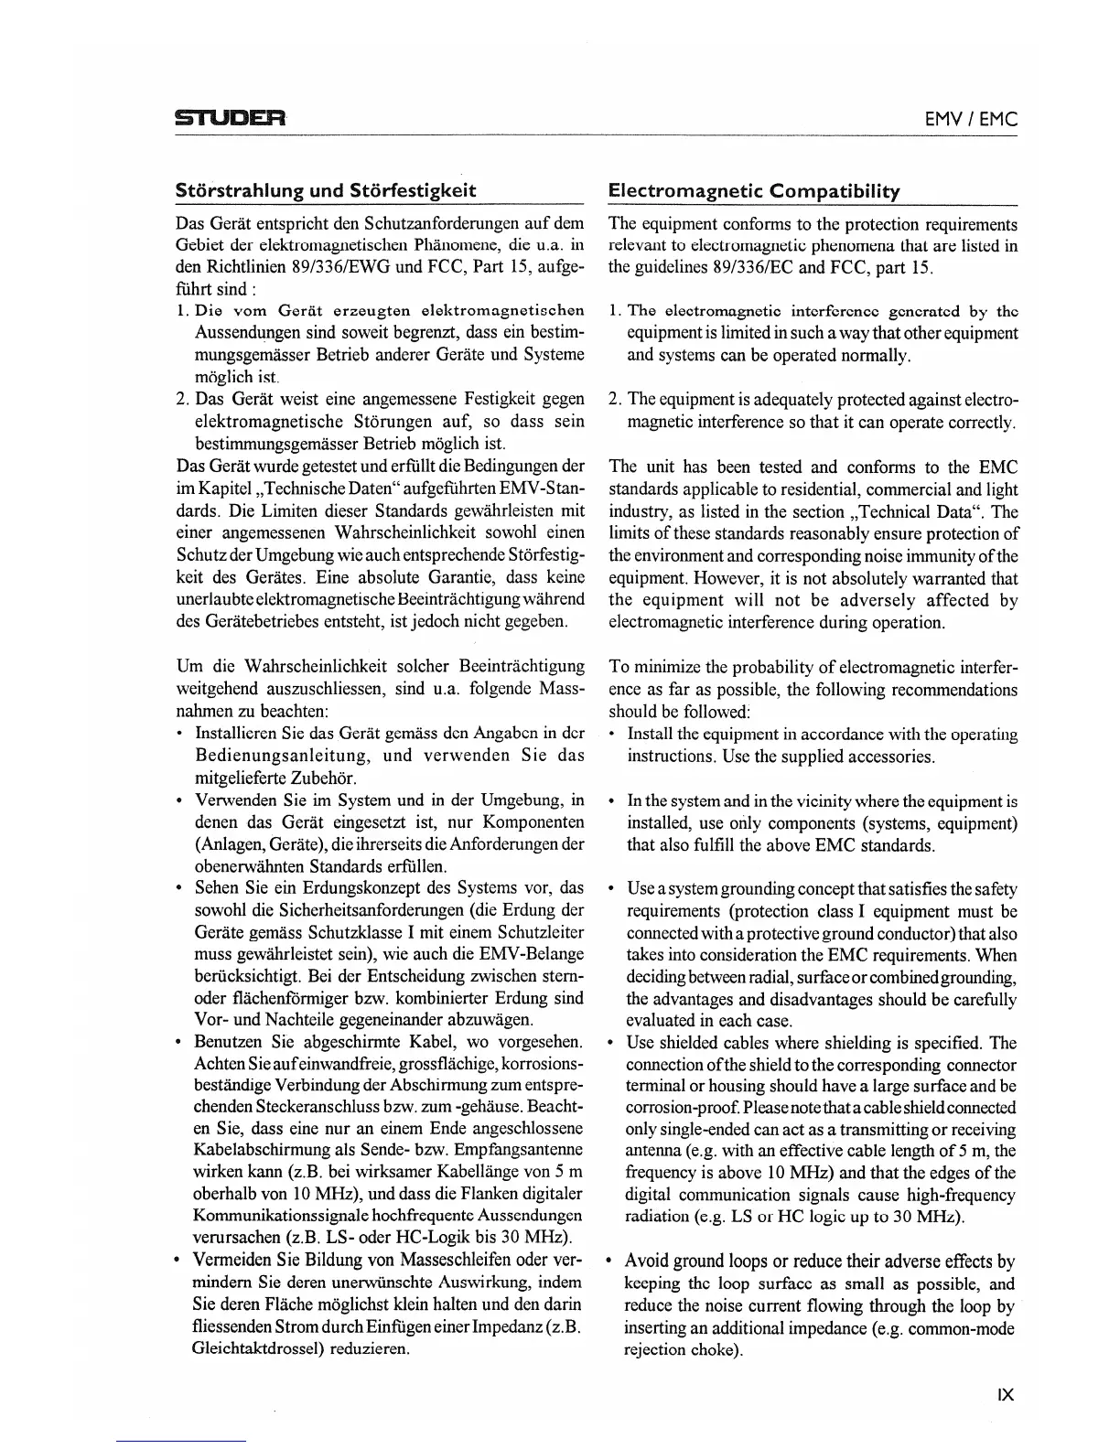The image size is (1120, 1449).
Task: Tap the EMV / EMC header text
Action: (971, 119)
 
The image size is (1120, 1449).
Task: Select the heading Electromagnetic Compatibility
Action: (754, 191)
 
